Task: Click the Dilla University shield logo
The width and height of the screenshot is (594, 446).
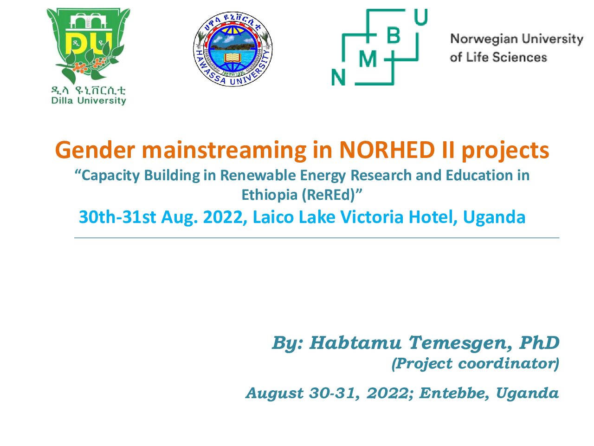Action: coord(88,46)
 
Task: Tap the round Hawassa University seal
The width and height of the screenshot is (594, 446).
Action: coord(233,49)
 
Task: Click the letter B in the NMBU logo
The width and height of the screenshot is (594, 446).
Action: coord(393,35)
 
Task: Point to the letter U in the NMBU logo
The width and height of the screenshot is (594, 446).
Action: coord(421,17)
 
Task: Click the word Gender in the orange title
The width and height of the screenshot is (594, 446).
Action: coord(95,151)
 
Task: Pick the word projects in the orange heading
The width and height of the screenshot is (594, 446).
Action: coord(505,151)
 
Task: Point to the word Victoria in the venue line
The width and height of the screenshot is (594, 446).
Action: coord(372,217)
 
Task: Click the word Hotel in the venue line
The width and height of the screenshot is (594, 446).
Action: coord(433,217)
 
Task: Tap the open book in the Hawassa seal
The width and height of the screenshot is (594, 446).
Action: coord(232,58)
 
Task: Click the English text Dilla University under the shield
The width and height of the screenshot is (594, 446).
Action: coord(89,101)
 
